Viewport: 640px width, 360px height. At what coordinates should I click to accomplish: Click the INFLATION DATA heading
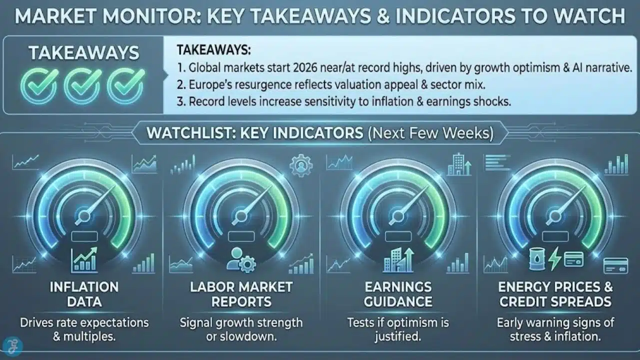84,294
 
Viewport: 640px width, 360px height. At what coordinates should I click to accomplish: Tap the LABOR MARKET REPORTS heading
241,294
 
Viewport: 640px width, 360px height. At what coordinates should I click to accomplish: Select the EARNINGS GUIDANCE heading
398,294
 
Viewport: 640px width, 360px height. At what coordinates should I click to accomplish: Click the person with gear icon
240,260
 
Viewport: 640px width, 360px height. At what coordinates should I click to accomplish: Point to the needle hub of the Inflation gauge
83,216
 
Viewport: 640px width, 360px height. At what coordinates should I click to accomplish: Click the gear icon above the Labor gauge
300,165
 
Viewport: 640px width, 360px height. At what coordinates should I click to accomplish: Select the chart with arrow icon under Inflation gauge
83,260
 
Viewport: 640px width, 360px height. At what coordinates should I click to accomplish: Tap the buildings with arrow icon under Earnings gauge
398,260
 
